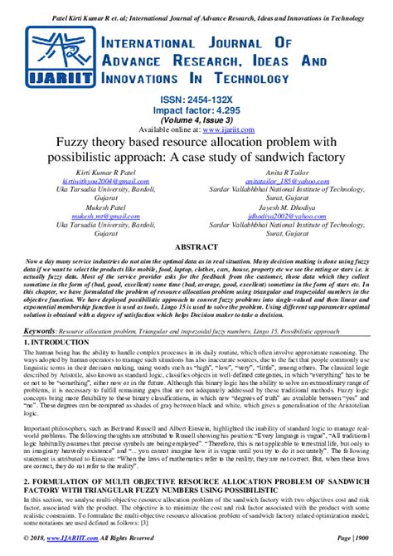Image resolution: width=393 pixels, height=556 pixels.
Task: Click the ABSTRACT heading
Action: pyautogui.click(x=196, y=247)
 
